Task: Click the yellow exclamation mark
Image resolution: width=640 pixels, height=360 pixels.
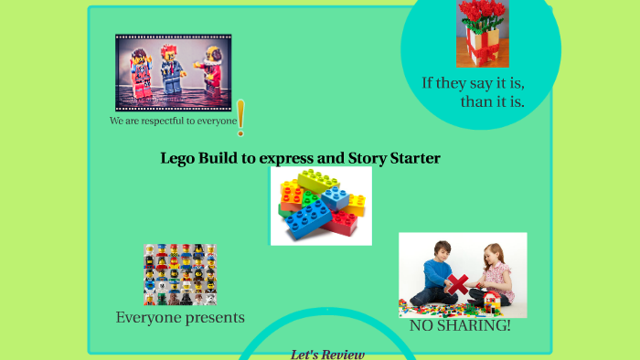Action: click(x=240, y=117)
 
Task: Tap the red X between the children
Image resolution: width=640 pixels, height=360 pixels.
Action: click(x=457, y=283)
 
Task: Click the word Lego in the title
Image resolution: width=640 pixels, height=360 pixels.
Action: click(x=177, y=158)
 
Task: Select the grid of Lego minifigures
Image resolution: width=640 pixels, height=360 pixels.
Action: click(x=179, y=274)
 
